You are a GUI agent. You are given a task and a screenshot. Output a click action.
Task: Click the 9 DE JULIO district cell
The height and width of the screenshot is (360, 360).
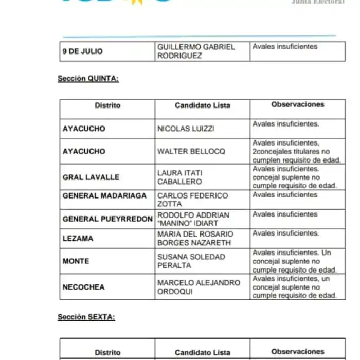(x=83, y=51)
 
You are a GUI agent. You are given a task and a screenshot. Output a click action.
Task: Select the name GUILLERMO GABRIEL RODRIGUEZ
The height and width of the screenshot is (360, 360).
(x=196, y=51)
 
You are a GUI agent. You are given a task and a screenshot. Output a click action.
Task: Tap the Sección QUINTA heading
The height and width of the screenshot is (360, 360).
(x=88, y=79)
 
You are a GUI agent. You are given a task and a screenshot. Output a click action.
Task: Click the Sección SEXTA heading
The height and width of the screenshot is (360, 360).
(x=86, y=317)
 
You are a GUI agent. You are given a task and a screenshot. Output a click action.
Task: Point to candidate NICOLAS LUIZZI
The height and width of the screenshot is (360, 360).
(x=186, y=129)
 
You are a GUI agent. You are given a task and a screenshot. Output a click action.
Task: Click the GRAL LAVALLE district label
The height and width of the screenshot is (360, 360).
(x=91, y=177)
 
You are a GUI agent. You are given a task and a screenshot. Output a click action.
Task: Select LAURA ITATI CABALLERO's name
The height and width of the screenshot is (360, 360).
(x=179, y=177)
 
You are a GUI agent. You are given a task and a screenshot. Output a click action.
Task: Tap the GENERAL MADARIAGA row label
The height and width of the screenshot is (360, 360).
(x=104, y=195)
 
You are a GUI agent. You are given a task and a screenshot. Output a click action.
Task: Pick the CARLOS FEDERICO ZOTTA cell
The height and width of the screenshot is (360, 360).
(x=192, y=200)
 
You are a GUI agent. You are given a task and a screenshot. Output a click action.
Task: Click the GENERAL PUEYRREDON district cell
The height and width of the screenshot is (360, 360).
(x=107, y=219)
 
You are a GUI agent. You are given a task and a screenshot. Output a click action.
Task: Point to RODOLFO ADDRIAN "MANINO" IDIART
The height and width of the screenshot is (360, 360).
(x=193, y=219)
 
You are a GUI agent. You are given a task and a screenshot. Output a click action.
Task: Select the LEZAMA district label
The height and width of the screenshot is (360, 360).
(x=78, y=239)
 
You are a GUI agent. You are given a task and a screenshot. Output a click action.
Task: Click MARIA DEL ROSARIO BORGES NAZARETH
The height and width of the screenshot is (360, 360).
(x=195, y=239)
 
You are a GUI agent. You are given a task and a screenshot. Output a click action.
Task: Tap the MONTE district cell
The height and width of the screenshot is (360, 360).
(x=76, y=261)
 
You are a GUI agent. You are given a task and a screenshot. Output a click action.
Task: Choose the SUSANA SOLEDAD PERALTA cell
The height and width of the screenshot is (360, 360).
(x=191, y=261)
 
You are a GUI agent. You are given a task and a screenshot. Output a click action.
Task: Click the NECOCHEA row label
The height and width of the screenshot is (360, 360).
(x=84, y=287)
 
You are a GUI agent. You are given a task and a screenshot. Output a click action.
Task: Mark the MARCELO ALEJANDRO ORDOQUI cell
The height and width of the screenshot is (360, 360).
(x=199, y=287)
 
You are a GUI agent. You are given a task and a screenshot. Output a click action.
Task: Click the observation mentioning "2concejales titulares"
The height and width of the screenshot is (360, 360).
(x=297, y=151)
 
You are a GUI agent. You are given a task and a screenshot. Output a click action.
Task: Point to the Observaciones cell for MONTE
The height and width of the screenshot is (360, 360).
(x=297, y=261)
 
